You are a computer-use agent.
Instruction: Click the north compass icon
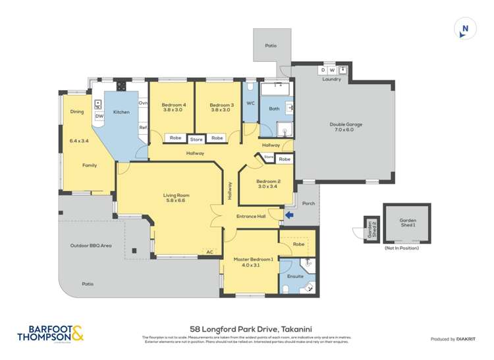click(x=465, y=28)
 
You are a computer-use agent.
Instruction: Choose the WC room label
click(x=250, y=103)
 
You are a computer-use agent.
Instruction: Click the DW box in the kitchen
click(x=99, y=116)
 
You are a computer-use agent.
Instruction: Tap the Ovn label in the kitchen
click(x=143, y=103)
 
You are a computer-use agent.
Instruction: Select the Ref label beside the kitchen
click(x=142, y=127)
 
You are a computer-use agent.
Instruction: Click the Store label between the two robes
click(x=196, y=139)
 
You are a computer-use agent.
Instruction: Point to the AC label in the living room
click(x=209, y=252)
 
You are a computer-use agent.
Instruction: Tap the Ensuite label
click(x=296, y=276)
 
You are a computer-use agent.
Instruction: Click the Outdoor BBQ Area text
click(x=91, y=246)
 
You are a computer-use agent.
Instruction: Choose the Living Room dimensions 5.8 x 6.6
click(x=177, y=201)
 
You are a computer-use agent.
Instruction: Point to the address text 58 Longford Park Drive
click(x=246, y=328)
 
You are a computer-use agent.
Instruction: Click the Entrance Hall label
click(x=251, y=216)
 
